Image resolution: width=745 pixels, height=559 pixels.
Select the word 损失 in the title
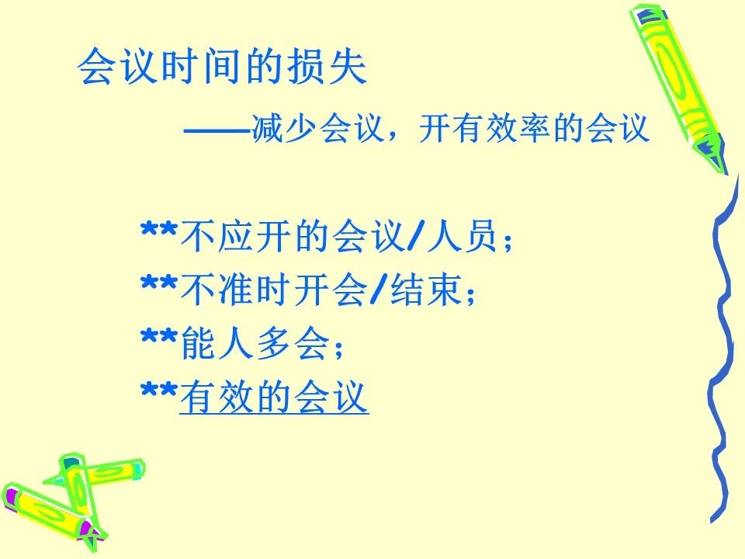click(326, 66)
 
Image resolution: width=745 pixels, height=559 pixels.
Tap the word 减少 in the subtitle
click(284, 129)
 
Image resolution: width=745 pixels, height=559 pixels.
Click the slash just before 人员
click(414, 235)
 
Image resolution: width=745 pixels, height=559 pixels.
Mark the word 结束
click(426, 290)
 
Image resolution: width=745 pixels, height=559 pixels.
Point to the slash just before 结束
click(377, 290)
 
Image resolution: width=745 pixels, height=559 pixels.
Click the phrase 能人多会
click(255, 343)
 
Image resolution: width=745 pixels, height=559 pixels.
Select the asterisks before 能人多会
click(160, 339)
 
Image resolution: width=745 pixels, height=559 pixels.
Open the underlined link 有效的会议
click(274, 397)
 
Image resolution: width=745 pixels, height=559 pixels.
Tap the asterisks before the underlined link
click(160, 392)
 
